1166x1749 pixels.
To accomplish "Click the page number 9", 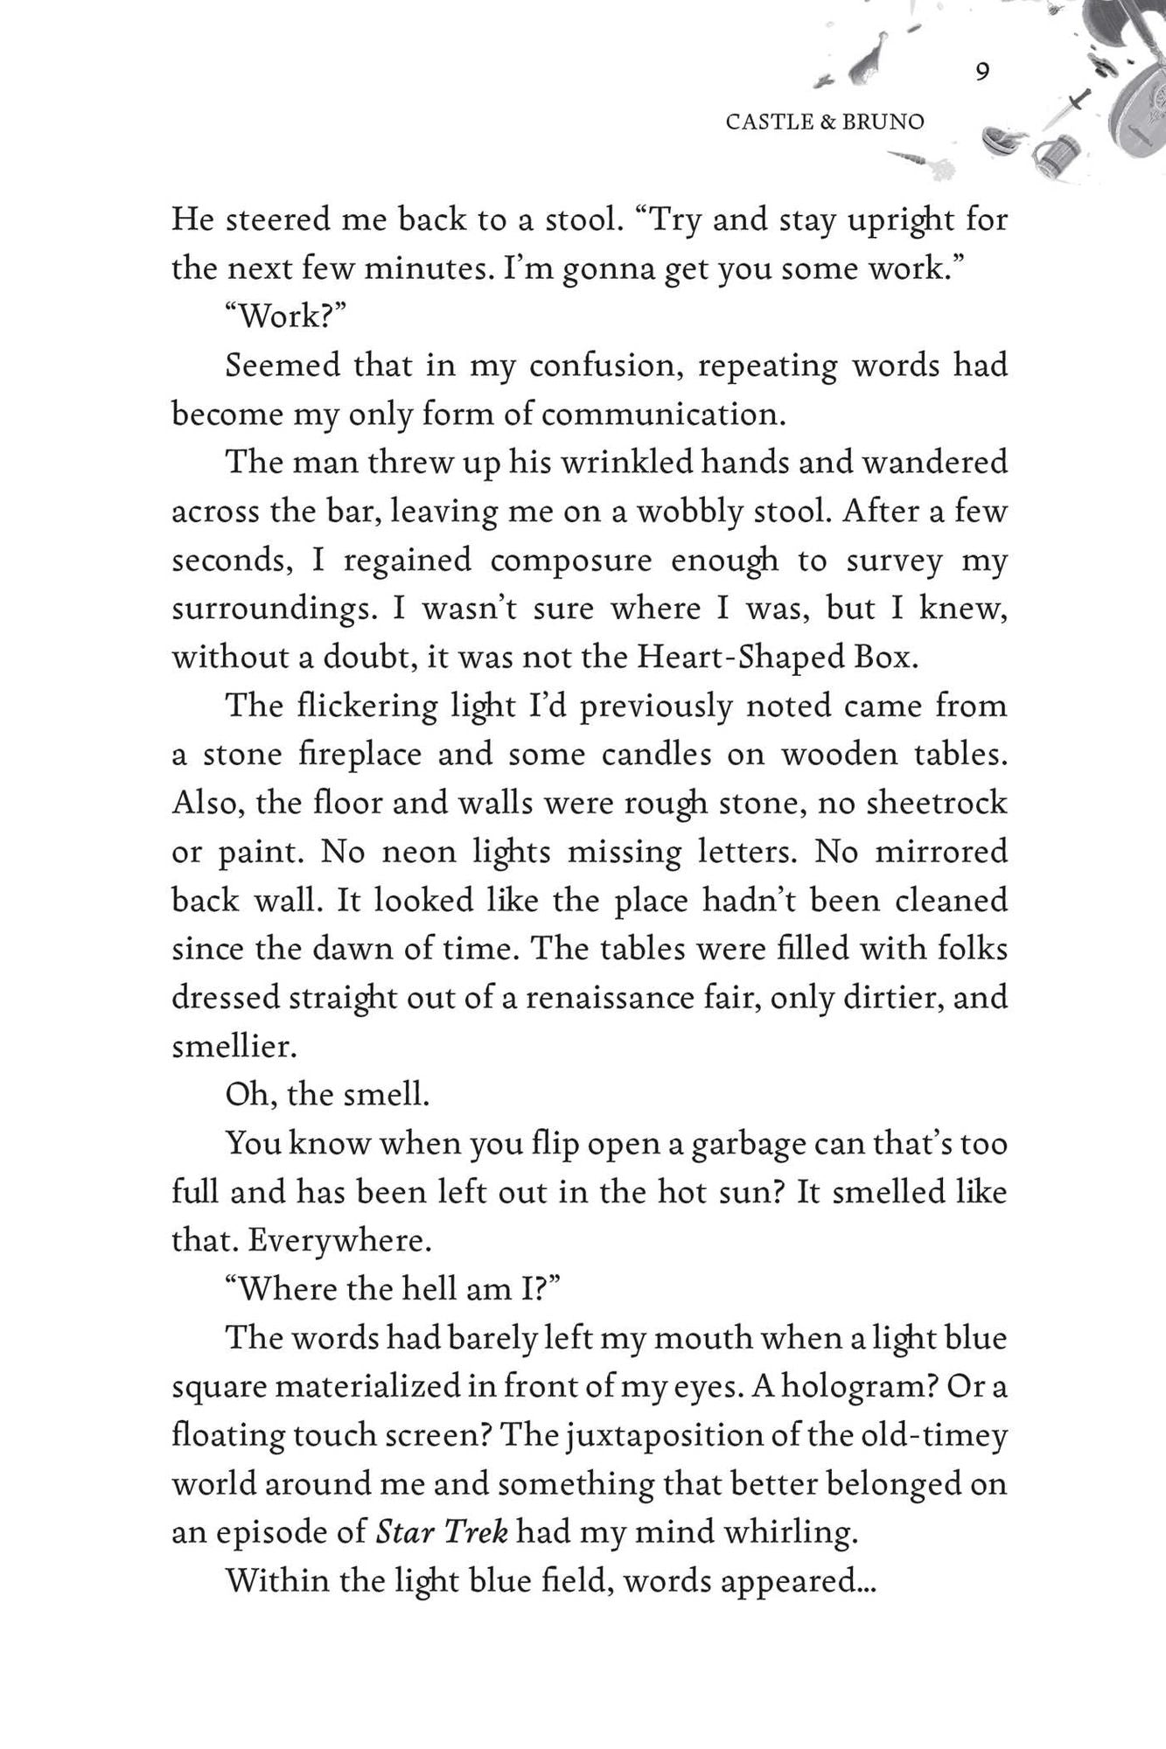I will (981, 72).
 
